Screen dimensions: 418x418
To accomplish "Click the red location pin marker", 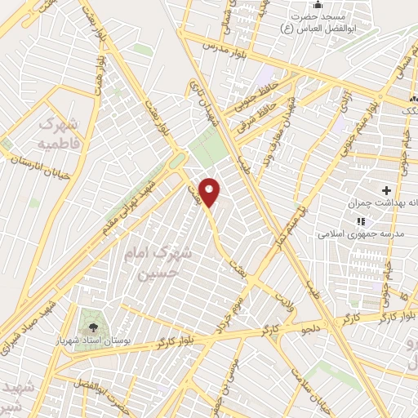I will tap(211, 192).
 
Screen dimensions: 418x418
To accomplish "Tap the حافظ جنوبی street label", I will tap(255, 95).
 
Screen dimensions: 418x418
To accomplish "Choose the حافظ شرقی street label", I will tap(260, 114).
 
